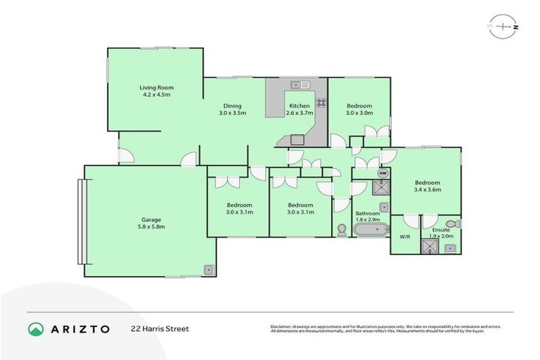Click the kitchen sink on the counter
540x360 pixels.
click(x=300, y=85)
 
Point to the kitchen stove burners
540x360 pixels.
click(x=321, y=102)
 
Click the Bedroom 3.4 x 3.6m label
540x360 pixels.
click(x=427, y=186)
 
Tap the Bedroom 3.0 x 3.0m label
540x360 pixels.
click(x=359, y=108)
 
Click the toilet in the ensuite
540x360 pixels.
click(x=454, y=224)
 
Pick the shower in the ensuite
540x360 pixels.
click(x=428, y=246)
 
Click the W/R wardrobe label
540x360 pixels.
click(x=405, y=237)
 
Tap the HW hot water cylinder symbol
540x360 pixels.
click(x=382, y=172)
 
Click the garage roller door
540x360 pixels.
click(x=82, y=221)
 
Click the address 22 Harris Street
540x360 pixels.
click(x=160, y=329)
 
